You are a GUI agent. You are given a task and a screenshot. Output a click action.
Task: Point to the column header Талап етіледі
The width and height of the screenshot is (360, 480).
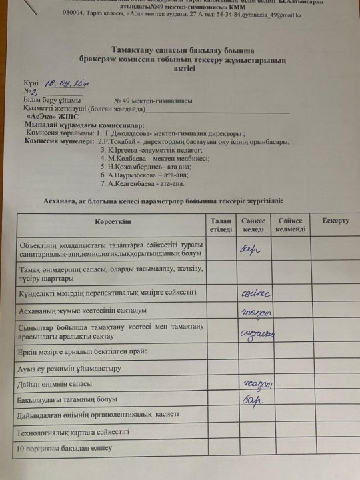221,224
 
